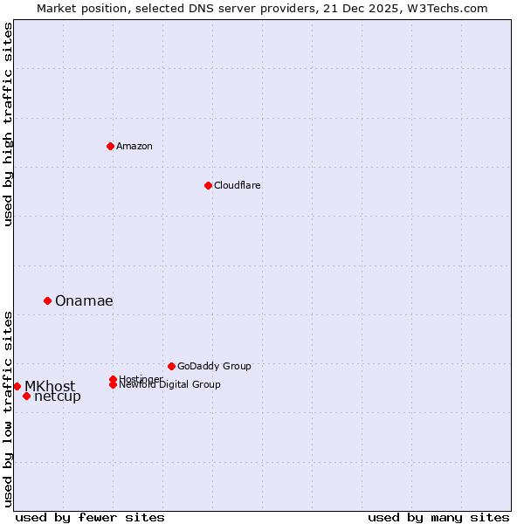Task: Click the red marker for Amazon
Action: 110,146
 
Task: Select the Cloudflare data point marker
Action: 208,185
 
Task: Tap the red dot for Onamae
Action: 47,300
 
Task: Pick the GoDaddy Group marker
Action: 171,366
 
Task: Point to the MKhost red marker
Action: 17,386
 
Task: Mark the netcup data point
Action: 26,396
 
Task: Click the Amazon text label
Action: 134,146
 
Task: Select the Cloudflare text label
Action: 238,185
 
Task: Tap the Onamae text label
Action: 84,300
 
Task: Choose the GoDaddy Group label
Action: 214,366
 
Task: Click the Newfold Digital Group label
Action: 169,384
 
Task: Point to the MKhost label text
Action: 50,386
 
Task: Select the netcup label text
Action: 58,396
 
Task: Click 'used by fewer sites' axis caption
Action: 90,517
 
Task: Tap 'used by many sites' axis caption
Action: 438,517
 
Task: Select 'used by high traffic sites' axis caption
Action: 9,124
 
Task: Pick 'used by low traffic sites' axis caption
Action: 9,408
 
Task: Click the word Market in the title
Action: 56,8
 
